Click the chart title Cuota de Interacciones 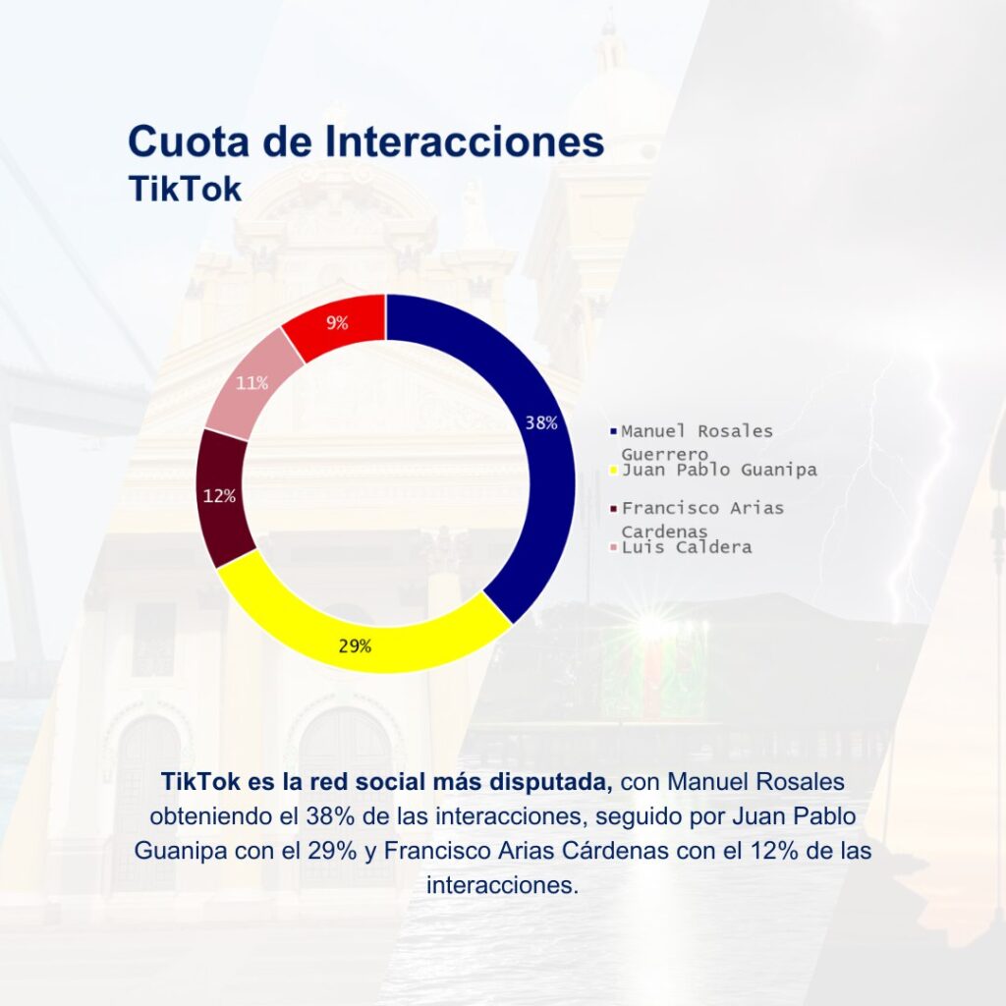(x=365, y=141)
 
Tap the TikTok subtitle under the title (x=185, y=189)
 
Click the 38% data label (x=541, y=422)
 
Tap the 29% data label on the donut (x=355, y=646)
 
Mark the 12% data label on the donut (x=219, y=496)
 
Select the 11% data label (x=252, y=383)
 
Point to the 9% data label (x=337, y=322)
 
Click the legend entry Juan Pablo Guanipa (x=719, y=471)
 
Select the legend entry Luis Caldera (x=687, y=547)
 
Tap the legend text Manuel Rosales (x=697, y=431)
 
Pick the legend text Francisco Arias (x=702, y=508)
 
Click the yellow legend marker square (x=613, y=471)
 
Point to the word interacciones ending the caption (x=502, y=885)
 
